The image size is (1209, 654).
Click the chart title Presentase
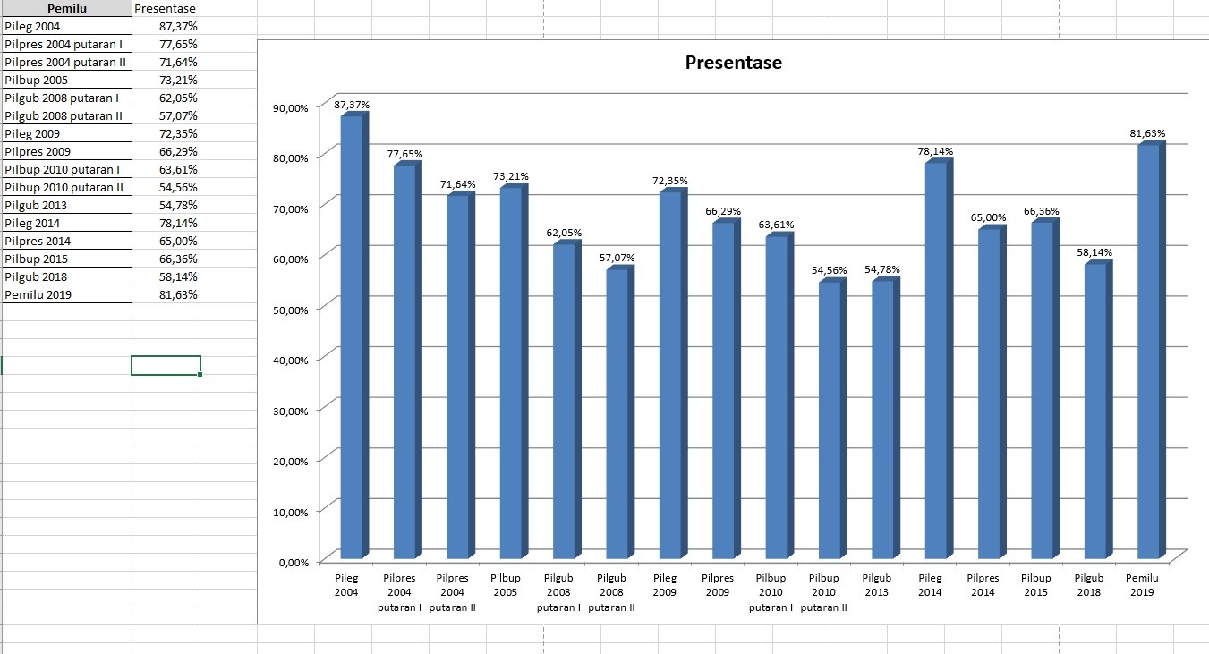click(733, 63)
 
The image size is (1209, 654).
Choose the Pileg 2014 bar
click(935, 358)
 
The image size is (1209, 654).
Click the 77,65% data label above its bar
click(404, 154)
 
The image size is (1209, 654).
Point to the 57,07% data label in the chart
click(617, 258)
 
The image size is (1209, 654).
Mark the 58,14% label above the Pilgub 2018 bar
click(1094, 252)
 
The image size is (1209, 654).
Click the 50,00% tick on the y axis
click(290, 310)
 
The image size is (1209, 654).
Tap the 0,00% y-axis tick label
click(293, 562)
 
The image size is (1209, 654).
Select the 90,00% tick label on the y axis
click(290, 107)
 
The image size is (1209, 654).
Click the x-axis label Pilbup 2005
click(506, 585)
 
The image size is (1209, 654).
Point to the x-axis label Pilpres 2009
click(718, 585)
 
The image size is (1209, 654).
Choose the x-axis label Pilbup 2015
click(1036, 585)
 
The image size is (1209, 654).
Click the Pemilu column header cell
click(67, 9)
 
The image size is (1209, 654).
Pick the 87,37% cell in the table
click(166, 27)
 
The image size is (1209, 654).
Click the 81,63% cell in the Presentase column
click(166, 294)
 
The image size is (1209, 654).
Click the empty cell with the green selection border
click(166, 365)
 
